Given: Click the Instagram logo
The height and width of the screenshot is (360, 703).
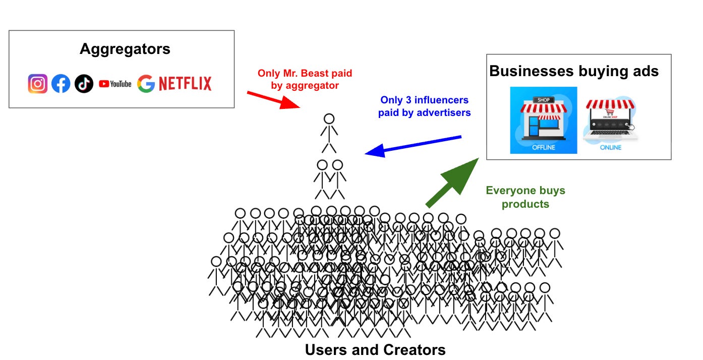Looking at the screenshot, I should (x=38, y=84).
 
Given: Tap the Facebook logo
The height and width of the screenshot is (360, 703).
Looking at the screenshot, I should (x=61, y=84).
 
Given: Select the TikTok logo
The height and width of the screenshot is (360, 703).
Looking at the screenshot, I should (x=84, y=84).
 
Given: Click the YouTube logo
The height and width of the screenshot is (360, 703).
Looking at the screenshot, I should (x=115, y=84).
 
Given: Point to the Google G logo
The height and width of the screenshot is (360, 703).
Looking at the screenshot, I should (x=146, y=84).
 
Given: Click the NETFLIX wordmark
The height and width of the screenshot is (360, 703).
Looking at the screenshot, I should (x=185, y=84).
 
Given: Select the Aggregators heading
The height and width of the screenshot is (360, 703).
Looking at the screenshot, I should (x=125, y=49).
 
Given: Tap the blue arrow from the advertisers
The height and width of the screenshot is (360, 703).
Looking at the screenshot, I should (x=413, y=145).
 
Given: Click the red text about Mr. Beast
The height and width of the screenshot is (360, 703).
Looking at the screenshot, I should (x=305, y=79).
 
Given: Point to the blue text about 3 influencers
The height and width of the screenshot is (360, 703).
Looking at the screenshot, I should (x=425, y=106).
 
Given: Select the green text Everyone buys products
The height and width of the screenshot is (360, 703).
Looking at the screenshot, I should (x=525, y=197).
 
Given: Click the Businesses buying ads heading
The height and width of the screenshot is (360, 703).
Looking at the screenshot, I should (x=574, y=71).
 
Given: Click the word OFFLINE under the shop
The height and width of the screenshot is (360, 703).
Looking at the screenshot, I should (x=543, y=148).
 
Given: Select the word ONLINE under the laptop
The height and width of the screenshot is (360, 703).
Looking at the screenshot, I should (x=610, y=148).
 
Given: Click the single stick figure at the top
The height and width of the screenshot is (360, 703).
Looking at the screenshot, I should (x=329, y=133).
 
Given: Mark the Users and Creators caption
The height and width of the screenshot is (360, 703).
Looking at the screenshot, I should (x=375, y=350).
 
